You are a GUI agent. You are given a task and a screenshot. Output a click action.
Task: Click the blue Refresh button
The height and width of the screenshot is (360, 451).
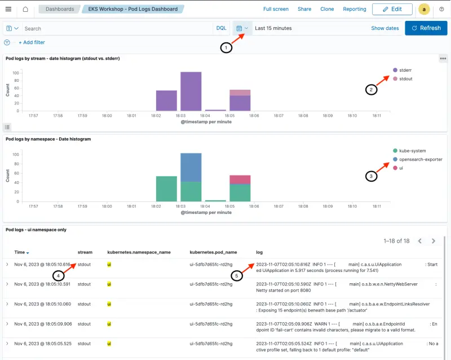point(426,28)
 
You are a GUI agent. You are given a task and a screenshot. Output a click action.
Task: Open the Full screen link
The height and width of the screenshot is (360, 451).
point(276,9)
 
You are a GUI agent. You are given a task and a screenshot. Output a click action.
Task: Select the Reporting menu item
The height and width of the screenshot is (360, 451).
point(355,9)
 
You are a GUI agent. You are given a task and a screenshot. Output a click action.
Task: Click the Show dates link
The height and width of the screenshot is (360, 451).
point(384,28)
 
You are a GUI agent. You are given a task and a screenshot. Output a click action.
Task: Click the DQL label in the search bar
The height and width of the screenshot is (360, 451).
point(222,28)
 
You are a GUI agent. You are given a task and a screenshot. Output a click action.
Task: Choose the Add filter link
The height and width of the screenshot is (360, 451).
point(32,42)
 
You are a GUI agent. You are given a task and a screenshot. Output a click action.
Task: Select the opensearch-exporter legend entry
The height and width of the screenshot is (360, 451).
point(419,159)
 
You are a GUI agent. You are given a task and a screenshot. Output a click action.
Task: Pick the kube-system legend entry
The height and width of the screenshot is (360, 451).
point(412,151)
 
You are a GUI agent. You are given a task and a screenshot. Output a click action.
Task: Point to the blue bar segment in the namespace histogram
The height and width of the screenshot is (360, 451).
point(191,167)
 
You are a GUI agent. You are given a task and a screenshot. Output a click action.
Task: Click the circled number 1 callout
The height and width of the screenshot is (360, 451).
point(226,48)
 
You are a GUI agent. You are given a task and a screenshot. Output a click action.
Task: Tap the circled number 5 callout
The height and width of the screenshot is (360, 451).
point(238,275)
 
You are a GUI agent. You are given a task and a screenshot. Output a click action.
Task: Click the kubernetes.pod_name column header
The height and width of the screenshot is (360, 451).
point(213,252)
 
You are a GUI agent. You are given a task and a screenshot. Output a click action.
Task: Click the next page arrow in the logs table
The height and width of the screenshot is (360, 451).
point(434,241)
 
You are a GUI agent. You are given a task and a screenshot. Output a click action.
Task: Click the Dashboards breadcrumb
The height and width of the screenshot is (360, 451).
point(60,9)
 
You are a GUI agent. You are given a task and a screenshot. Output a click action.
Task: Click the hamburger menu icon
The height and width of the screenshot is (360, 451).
point(8,9)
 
